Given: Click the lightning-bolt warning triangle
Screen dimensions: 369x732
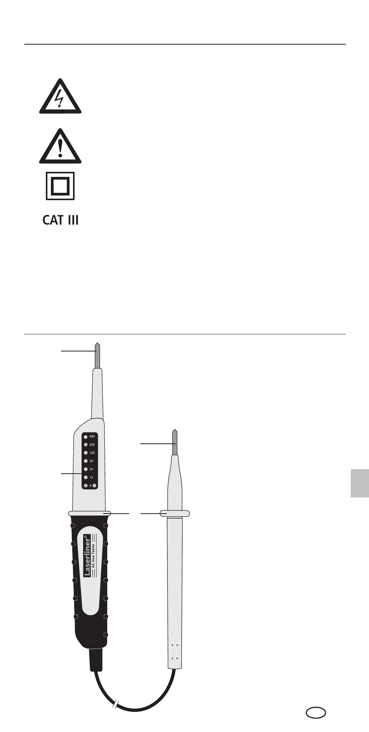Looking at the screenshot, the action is coord(60,97).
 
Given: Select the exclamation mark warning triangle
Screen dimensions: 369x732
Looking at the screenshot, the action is coord(60,147).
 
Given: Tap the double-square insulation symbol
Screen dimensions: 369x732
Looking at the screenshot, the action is coord(60,186).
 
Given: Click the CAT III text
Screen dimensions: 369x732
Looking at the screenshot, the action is coord(61,220).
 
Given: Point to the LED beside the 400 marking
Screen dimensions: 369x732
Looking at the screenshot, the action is coord(85,437).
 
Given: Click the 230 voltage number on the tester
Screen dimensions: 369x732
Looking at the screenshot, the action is coord(92,445).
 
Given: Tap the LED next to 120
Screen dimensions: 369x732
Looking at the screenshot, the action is coord(85,453).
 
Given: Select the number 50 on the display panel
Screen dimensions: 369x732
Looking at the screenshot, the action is coord(91,461).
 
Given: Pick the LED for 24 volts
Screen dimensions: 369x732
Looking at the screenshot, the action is coord(85,469).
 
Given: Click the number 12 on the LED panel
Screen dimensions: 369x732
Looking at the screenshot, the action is coord(91,478).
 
